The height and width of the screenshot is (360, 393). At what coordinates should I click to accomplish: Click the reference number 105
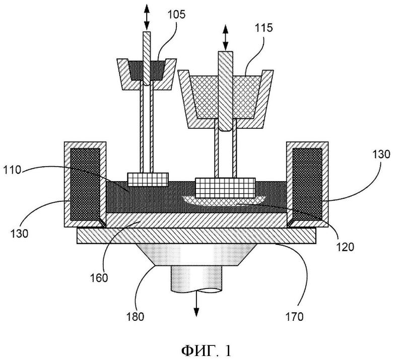pos(176,15)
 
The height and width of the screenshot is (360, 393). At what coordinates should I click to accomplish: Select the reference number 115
pos(264,28)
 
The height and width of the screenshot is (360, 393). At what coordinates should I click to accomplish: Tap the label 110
pos(12,170)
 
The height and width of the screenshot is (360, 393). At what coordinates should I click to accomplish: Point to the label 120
pos(345,247)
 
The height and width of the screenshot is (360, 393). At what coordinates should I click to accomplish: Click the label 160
pos(99,277)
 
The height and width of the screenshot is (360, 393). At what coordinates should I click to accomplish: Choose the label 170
pos(295,317)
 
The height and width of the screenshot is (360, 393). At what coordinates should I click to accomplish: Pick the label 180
pos(136,317)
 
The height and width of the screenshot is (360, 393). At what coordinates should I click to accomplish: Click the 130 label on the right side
pos(381,154)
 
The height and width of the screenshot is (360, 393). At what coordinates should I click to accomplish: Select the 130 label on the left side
pos(19,234)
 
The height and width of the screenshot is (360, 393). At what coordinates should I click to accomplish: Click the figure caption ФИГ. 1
pos(206,351)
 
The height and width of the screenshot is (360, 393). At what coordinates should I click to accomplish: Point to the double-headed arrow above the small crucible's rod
pos(147,17)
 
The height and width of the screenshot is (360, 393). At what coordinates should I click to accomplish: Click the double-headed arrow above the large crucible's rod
pos(225,38)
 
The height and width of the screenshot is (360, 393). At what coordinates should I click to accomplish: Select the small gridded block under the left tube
pos(148,179)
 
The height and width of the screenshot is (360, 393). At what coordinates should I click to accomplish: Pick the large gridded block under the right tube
pos(225,188)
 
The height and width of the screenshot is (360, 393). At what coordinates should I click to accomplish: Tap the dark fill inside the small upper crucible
pos(147,70)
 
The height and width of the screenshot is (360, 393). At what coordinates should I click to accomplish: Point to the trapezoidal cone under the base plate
pos(196,255)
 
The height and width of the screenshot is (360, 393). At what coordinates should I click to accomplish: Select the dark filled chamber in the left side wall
pos(85,184)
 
